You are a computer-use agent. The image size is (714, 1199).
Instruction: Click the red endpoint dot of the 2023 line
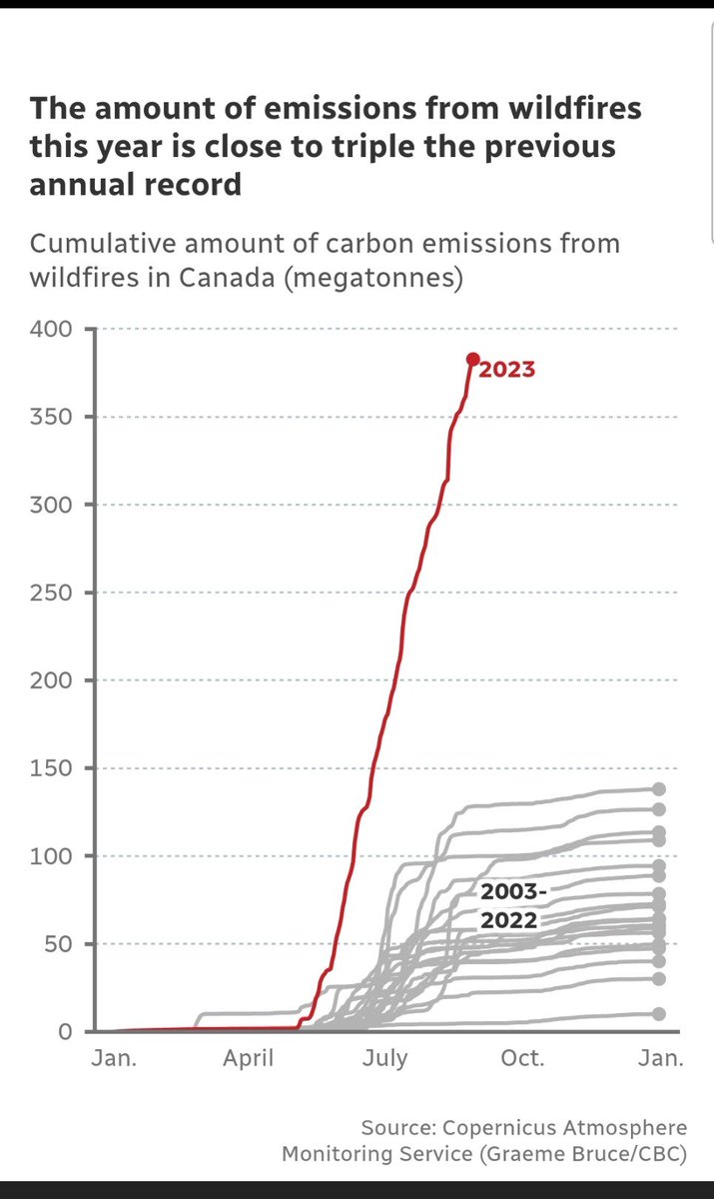click(x=473, y=359)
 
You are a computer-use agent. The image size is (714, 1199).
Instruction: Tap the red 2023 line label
click(x=507, y=370)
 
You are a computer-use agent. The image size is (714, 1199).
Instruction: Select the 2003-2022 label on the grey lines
click(x=508, y=906)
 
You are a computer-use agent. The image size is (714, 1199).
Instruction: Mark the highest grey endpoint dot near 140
click(x=658, y=789)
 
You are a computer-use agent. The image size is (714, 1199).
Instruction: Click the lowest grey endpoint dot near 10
click(x=658, y=1013)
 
